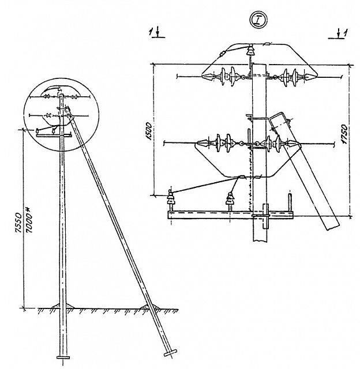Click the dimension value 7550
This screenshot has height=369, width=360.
point(18,223)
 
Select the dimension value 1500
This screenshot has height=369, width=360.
point(149,131)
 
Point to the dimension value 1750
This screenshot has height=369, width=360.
point(344,134)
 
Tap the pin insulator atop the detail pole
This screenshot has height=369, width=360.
point(251,50)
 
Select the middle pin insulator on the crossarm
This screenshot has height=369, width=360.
point(230,199)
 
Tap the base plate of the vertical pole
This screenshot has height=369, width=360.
point(63,357)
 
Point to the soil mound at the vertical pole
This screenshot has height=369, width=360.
point(63,306)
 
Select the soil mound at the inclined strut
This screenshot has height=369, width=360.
point(149,306)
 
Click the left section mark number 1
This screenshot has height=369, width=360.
point(151,32)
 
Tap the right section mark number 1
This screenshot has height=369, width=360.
point(345,33)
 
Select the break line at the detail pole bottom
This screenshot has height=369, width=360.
point(260,241)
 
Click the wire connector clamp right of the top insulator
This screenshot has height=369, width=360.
point(268,44)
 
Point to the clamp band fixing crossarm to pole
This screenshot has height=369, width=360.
point(265,216)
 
